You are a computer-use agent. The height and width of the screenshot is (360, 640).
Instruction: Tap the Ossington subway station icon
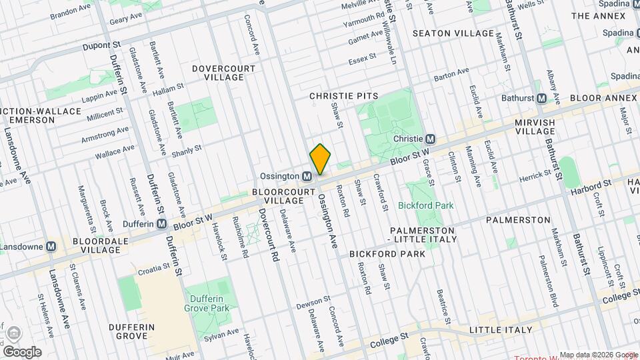(307, 177)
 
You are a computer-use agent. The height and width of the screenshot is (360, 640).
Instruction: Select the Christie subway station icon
(431, 139)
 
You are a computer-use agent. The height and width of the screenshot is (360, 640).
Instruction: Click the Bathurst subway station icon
(541, 98)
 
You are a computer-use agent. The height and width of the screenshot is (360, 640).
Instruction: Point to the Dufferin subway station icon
(161, 224)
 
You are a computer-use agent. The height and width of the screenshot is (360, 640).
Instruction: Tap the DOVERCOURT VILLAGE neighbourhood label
(218, 73)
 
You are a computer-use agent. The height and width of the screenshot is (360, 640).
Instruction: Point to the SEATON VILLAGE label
(454, 33)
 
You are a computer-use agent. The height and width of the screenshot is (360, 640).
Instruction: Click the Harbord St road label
(592, 187)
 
